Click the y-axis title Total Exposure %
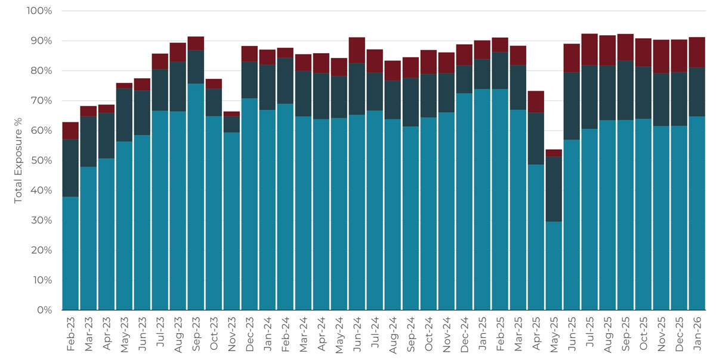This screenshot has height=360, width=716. (18, 161)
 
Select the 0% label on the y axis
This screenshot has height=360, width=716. (44, 310)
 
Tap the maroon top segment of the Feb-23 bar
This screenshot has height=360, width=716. (70, 131)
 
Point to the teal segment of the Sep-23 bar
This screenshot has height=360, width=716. (196, 197)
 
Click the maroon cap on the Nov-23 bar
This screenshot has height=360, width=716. (232, 114)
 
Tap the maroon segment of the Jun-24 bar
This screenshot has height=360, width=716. (357, 50)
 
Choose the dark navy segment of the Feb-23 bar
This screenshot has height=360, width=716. (70, 168)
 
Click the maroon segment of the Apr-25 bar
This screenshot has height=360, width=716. (536, 102)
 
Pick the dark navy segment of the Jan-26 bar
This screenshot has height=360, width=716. (697, 92)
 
